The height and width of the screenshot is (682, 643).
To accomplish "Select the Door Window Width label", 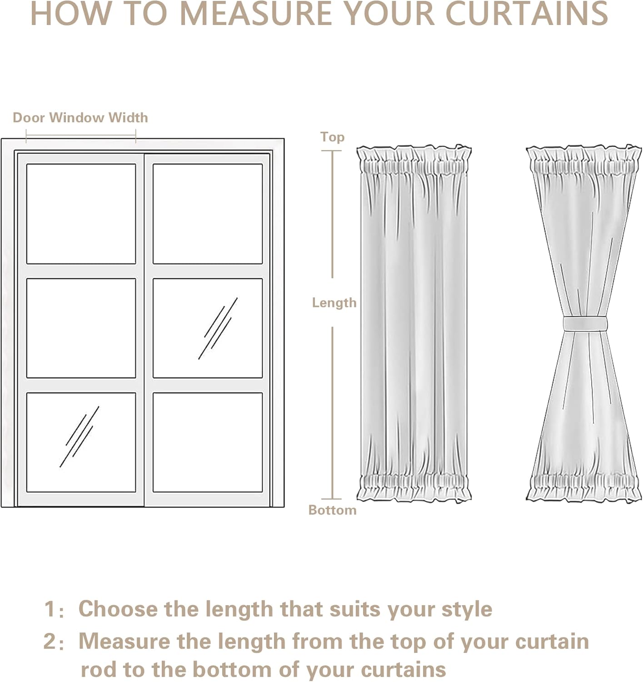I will pos(80,118).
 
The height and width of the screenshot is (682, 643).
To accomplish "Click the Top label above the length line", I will pos(332,137).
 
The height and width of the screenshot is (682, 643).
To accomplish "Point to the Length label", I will pos(334,303).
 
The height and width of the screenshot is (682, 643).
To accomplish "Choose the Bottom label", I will pos(332,510).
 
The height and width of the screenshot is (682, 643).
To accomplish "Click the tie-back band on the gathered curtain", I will pos(585,324).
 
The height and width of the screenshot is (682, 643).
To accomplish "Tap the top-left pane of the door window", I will pos(81,214).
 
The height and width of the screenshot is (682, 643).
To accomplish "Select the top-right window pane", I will pos(208,214).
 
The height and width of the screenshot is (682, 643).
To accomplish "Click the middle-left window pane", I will pos(81,328).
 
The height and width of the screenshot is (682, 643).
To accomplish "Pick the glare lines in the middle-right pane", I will pos(218,328).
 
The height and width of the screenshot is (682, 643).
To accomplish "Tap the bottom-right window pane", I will pos(208,442).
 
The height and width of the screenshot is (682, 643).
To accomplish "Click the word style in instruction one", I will pos(467,610).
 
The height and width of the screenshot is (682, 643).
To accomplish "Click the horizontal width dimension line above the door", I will pos(81,135).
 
